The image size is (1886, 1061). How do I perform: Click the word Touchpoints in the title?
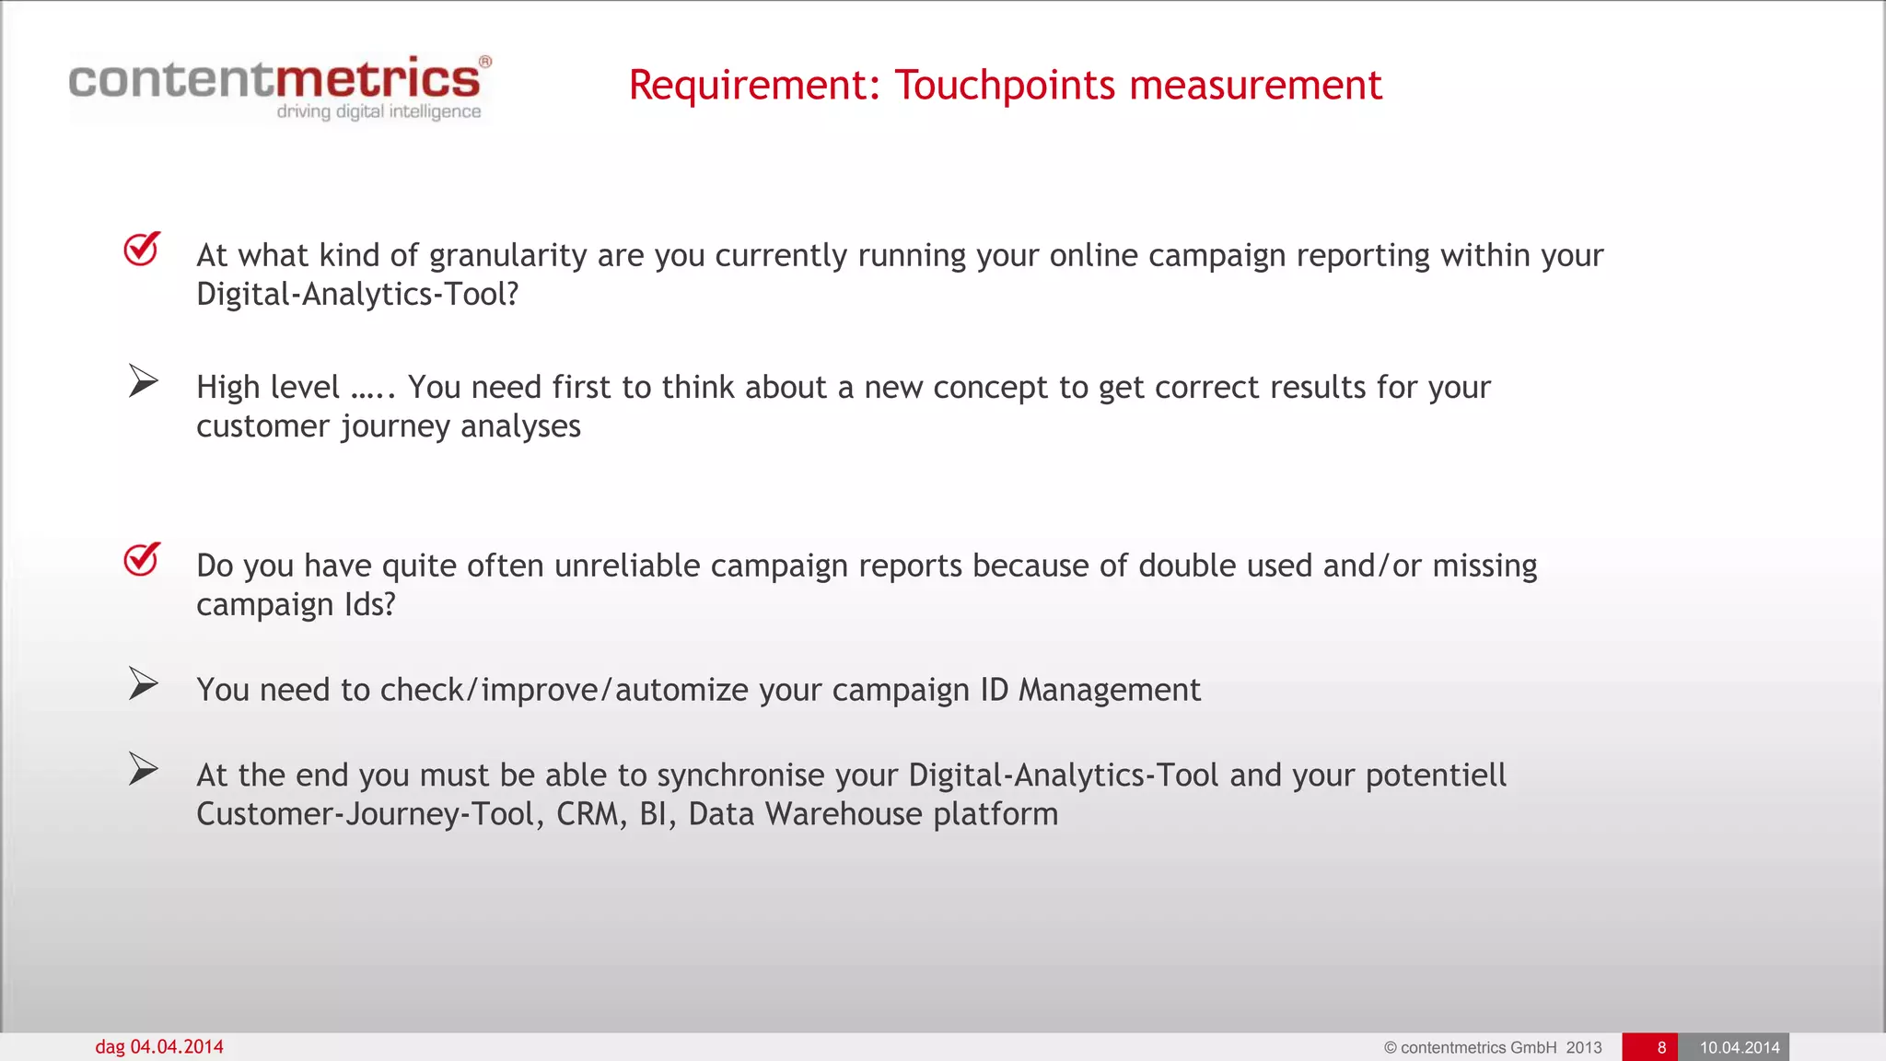point(1005,86)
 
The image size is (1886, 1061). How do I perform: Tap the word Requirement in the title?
point(748,86)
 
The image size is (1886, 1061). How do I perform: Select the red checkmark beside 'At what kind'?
point(142,249)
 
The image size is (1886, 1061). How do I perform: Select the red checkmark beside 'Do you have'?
point(142,559)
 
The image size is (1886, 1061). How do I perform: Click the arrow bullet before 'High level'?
point(143,381)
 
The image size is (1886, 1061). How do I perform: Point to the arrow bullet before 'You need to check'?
point(143,683)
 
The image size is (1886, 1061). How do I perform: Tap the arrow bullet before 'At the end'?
point(143,769)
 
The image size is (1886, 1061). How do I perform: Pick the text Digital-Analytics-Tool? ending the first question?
point(357,295)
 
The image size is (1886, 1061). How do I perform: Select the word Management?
point(1109,690)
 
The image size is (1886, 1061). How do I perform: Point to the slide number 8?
point(1661,1047)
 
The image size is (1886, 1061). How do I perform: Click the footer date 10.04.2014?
point(1739,1047)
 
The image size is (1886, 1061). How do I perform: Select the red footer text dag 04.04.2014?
point(159,1047)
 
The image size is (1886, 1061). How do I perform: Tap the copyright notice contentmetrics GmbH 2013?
point(1492,1047)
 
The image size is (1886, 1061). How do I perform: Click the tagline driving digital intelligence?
point(378,111)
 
